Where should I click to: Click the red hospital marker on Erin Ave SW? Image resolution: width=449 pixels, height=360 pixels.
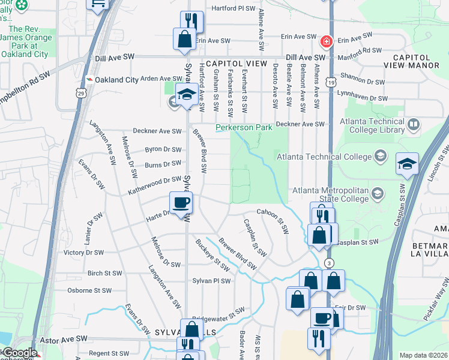click(x=326, y=41)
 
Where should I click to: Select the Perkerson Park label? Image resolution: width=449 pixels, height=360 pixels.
click(x=244, y=127)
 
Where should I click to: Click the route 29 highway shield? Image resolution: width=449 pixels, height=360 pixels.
click(x=81, y=93)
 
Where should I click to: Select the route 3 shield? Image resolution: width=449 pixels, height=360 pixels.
click(x=329, y=263)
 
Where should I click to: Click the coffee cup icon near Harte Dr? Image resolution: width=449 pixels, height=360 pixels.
click(x=181, y=203)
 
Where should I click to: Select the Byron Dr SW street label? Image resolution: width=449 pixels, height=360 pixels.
click(x=163, y=150)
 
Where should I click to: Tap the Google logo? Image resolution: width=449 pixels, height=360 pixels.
click(x=19, y=353)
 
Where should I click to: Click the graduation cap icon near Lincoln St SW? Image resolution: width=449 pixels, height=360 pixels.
click(x=407, y=164)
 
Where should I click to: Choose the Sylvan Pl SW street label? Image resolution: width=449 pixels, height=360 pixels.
click(x=211, y=281)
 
